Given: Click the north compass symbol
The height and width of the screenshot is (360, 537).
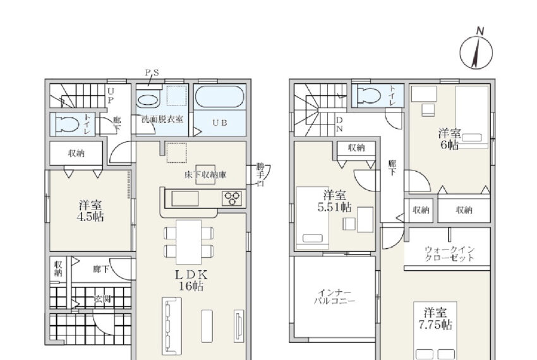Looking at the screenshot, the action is point(476,51).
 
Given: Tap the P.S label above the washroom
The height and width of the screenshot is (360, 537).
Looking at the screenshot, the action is point(152,73).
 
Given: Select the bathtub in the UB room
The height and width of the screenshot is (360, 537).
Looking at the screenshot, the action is point(219,97).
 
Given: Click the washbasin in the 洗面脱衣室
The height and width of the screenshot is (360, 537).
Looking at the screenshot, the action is point(148,100).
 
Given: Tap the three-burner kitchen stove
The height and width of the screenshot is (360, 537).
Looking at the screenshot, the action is point(232,198).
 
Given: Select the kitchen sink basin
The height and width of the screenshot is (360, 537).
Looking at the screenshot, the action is point(185,198).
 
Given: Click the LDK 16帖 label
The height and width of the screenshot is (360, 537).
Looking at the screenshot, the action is point(191,280).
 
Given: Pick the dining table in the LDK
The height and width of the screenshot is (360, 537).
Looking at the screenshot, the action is point(189,242).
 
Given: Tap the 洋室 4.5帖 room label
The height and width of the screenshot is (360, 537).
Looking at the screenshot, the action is point(90,211).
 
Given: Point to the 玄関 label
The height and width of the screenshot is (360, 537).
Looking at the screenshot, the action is point(102,299).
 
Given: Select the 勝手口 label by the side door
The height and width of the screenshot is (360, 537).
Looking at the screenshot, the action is point(261,175).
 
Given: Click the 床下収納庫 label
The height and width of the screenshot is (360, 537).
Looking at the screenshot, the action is point(205,175).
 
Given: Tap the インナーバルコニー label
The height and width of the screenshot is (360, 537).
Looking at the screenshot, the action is point(335,297).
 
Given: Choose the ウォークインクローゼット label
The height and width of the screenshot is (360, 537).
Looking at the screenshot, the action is point(449,254).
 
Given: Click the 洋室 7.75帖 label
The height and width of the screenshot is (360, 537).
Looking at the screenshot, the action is point(435,318).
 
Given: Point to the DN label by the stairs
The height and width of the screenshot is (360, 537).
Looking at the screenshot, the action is point(339,124).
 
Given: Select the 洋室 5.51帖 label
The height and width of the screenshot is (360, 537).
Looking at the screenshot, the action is point(335,201).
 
